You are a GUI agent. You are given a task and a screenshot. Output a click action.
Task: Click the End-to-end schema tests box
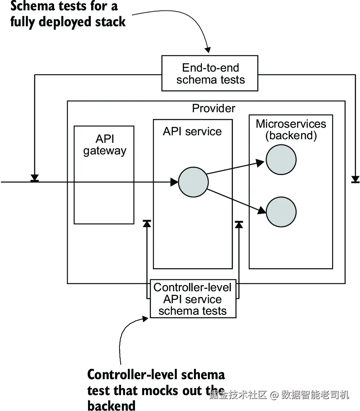coord(209,73)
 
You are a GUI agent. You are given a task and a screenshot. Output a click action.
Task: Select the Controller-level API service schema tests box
coord(193,299)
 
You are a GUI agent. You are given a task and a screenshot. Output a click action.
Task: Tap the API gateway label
coord(105,145)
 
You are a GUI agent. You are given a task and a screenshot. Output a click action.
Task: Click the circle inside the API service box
coord(193,182)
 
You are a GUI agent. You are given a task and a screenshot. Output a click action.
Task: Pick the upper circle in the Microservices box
coord(281,160)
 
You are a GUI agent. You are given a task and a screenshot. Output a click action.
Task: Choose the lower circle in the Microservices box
coord(281,212)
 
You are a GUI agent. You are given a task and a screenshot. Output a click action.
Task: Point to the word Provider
coord(213,108)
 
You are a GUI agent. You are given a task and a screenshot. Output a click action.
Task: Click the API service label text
coord(192,132)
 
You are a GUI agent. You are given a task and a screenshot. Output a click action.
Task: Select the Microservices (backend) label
coord(291,130)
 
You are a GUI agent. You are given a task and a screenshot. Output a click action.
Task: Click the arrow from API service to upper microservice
coord(235,168)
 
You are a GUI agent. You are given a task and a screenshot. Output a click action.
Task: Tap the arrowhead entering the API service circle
coord(174,182)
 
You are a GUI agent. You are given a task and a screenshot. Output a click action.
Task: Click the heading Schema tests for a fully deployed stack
coord(68,14)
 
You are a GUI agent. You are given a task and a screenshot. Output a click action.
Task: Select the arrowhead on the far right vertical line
coord(355,179)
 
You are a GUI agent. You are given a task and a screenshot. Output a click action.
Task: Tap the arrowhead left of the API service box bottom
coord(147,224)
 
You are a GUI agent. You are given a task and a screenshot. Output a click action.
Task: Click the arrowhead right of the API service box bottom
coord(239,224)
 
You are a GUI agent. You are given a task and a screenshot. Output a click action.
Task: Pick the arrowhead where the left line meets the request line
coord(35,178)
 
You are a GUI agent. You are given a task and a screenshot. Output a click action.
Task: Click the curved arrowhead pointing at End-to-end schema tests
coord(207,50)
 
